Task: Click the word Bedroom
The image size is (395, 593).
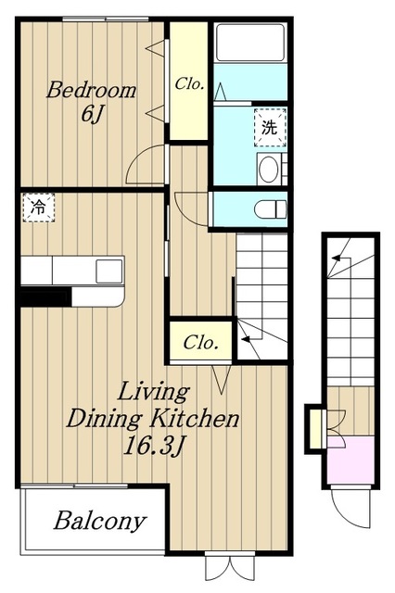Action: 91,91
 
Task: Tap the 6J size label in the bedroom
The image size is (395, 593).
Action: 92,114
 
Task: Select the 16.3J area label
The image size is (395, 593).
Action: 153,447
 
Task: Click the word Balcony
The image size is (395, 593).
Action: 100,521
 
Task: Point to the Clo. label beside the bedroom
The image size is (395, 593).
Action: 189,83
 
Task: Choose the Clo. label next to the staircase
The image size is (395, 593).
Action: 201,343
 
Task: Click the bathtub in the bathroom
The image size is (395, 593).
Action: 249,43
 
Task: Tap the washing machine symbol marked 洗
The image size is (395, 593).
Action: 270,128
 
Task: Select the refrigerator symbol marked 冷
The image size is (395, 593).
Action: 39,208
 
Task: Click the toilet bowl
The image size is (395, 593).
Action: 270,209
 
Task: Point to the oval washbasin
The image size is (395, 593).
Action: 269,170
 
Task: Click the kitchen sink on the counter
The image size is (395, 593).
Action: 109,271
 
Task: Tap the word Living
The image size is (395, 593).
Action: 153,392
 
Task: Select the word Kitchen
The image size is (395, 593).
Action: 196,418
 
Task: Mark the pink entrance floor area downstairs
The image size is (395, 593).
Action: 350,460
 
